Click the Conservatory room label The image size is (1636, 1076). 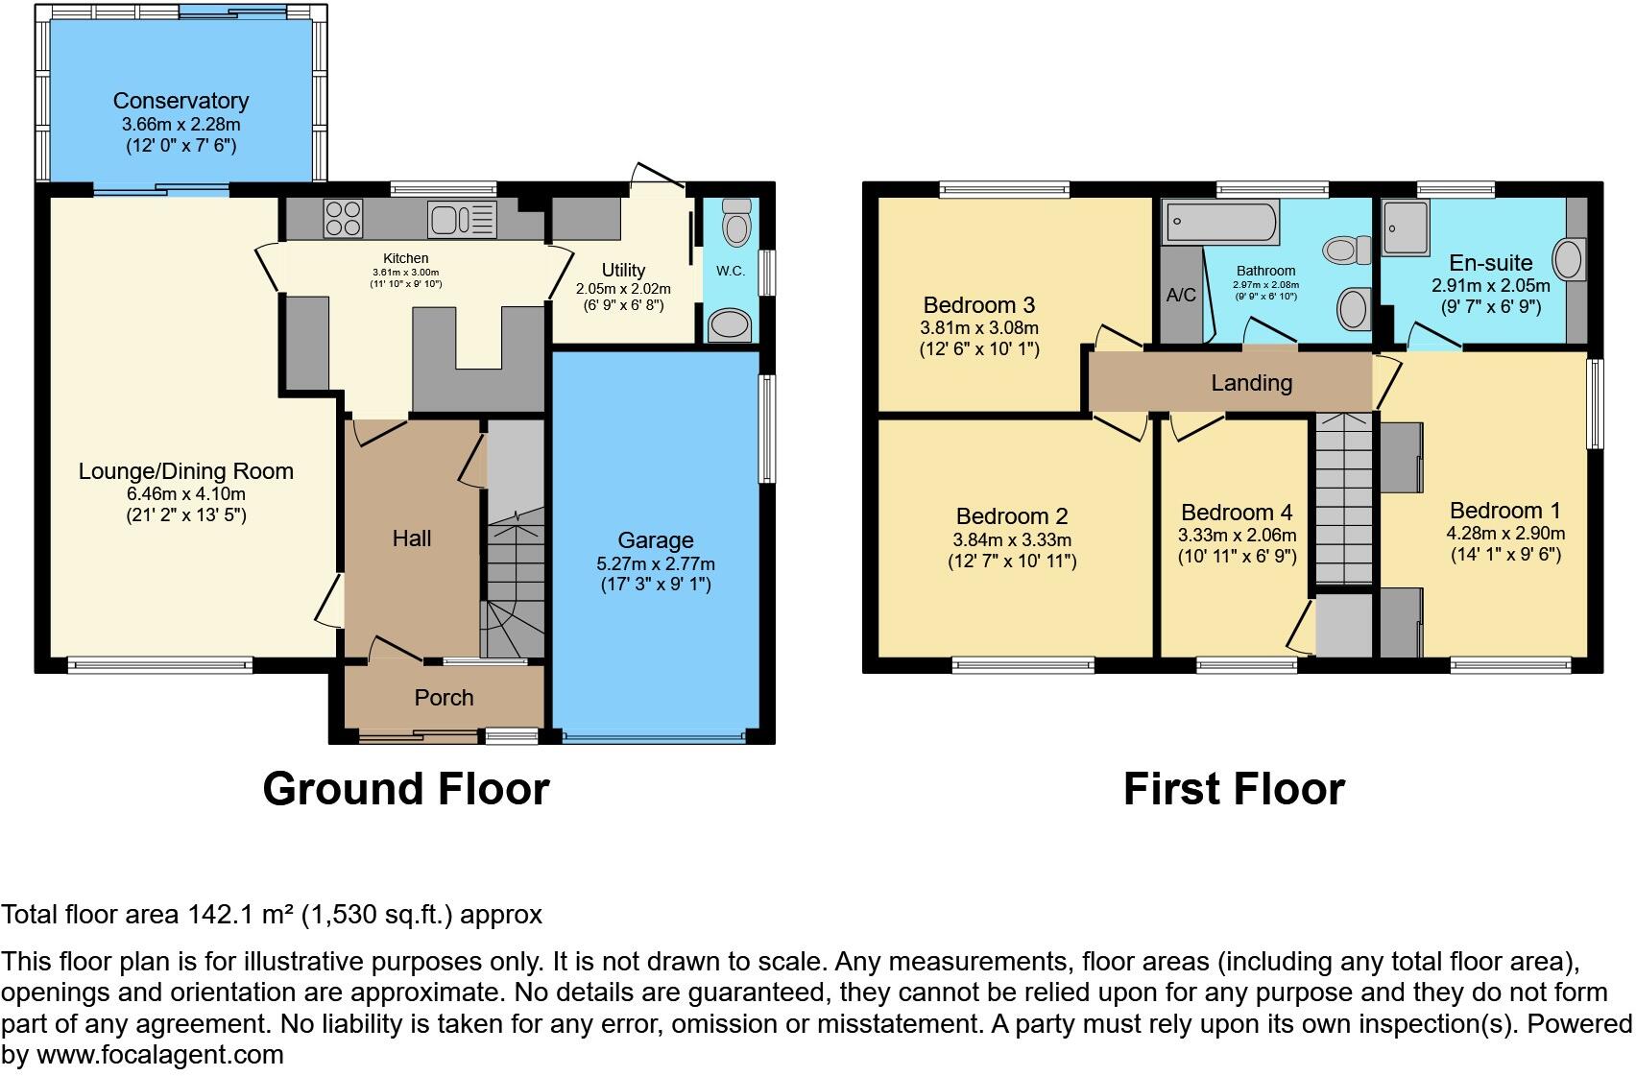pyautogui.click(x=180, y=101)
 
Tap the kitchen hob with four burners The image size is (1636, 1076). pyautogui.click(x=343, y=218)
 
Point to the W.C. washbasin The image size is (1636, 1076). pyautogui.click(x=731, y=325)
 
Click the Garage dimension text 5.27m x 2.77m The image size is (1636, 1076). pyautogui.click(x=655, y=563)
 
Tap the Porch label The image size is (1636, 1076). pyautogui.click(x=444, y=698)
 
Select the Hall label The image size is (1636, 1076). pyautogui.click(x=411, y=538)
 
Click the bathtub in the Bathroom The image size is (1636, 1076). pyautogui.click(x=1221, y=223)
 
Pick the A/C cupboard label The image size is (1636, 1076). pyautogui.click(x=1181, y=295)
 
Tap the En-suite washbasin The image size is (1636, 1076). pyautogui.click(x=1569, y=260)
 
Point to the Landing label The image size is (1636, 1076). pyautogui.click(x=1251, y=383)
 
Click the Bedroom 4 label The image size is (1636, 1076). pyautogui.click(x=1237, y=513)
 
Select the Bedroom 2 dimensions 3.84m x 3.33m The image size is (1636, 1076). pyautogui.click(x=1012, y=539)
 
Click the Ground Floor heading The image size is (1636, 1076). pyautogui.click(x=405, y=789)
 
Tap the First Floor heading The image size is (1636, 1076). pyautogui.click(x=1234, y=789)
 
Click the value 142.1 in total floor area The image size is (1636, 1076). pyautogui.click(x=223, y=915)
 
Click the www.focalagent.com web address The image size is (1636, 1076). pyautogui.click(x=159, y=1055)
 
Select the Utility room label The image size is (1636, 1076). pyautogui.click(x=623, y=270)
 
